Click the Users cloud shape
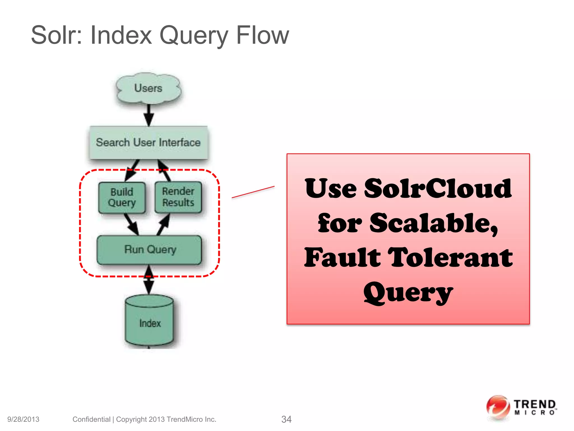tap(149, 88)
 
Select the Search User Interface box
tap(149, 143)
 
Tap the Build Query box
tap(122, 197)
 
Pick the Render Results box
tap(178, 197)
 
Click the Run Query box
tap(149, 250)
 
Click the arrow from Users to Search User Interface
tap(149, 115)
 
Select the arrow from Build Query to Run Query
tap(131, 224)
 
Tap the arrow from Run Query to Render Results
tap(164, 224)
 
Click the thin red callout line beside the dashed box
tap(253, 192)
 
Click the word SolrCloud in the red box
tap(438, 189)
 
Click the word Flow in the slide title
tap(262, 35)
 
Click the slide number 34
tap(286, 419)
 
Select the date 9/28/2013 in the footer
tap(23, 419)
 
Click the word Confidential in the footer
tap(91, 419)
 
